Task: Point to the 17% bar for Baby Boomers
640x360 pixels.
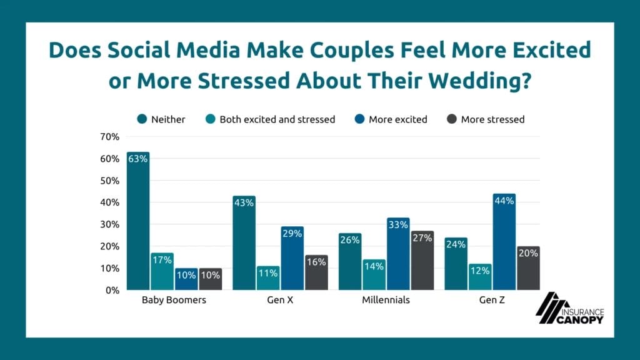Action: [162, 271]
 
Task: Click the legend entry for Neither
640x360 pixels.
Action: [162, 119]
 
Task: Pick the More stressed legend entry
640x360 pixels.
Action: [485, 119]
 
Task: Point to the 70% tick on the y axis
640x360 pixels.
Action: [109, 137]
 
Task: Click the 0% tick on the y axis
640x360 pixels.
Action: [111, 290]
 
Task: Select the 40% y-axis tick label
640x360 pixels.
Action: [109, 202]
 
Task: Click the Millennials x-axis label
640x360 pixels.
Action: [386, 300]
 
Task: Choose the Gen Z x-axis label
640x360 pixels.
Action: [492, 300]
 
